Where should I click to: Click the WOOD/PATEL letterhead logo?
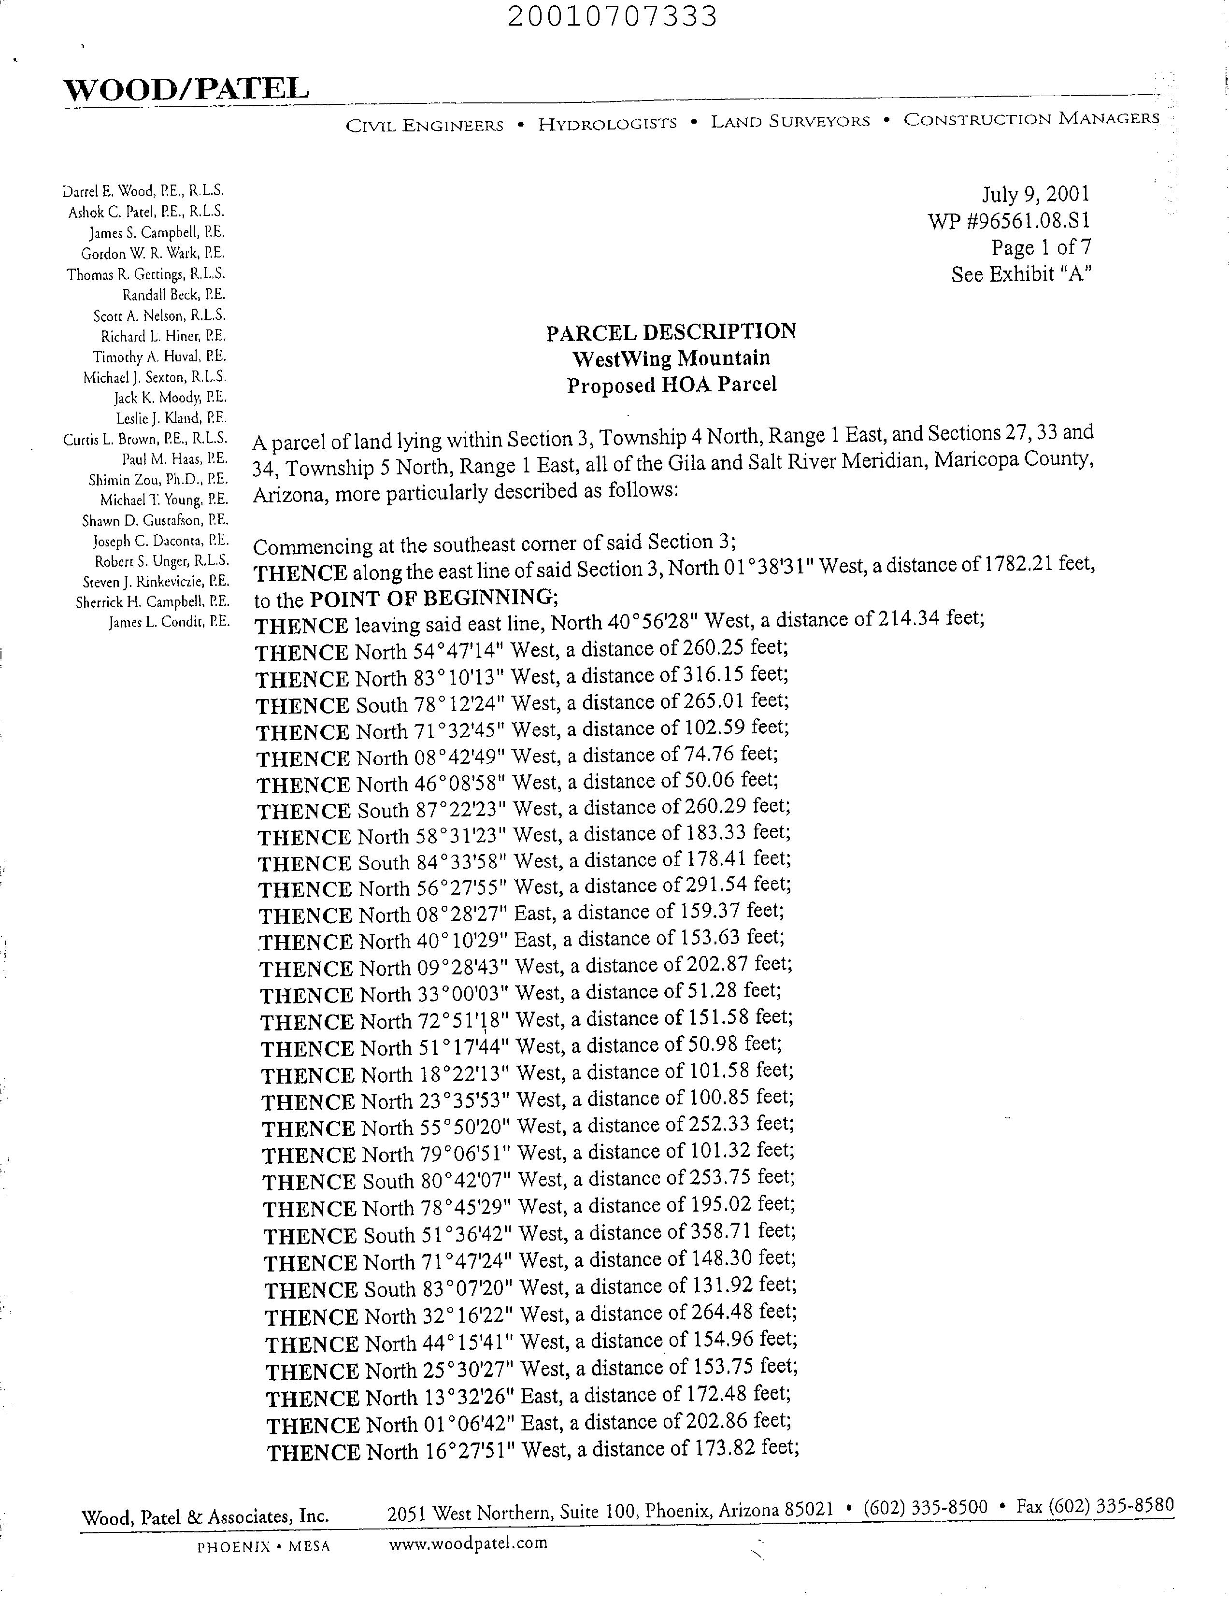[x=186, y=89]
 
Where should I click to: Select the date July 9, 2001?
[x=1035, y=194]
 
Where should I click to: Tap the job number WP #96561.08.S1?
[x=1010, y=220]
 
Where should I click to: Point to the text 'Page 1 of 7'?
[x=1041, y=247]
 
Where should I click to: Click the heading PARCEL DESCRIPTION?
[x=671, y=332]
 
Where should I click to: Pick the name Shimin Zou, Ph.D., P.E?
[x=158, y=480]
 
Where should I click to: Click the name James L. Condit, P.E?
[x=169, y=623]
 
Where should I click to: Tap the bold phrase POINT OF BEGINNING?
[x=432, y=598]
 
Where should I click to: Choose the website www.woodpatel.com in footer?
[x=468, y=1543]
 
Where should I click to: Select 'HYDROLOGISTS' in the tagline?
[x=607, y=124]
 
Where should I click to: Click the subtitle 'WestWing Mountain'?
[x=671, y=358]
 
